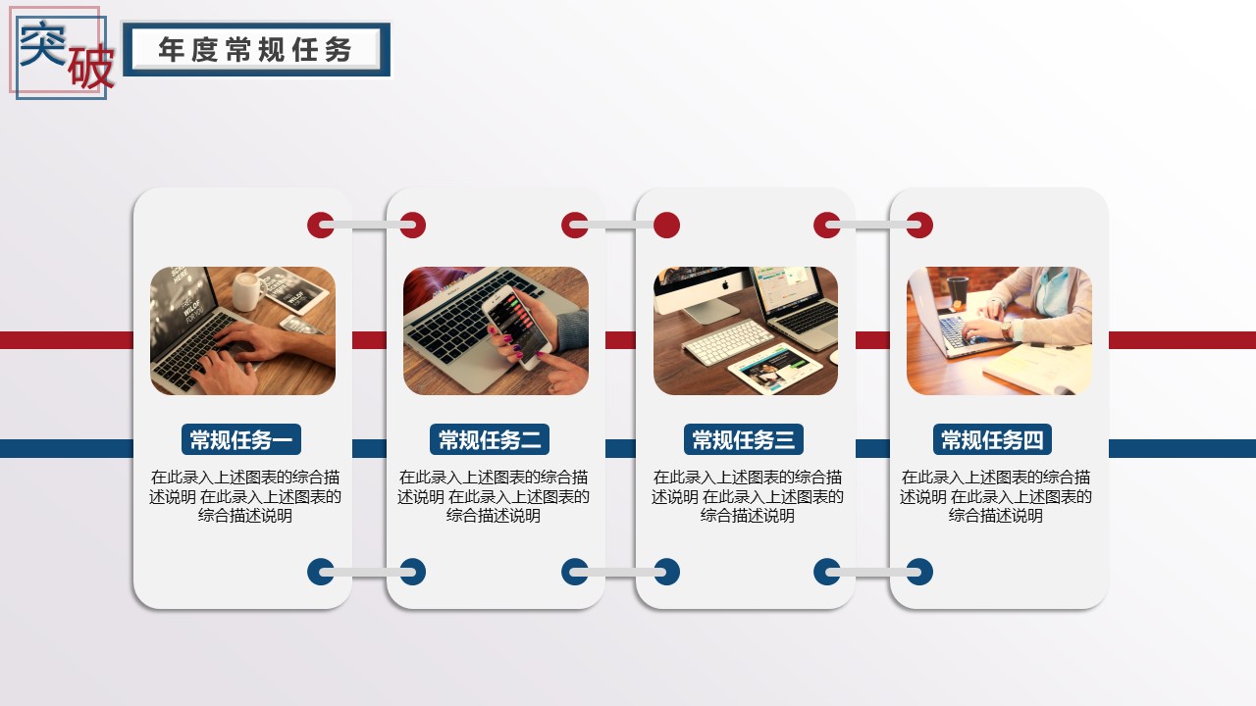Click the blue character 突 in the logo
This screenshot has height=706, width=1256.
coord(42,43)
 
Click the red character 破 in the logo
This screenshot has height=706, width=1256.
coord(91,68)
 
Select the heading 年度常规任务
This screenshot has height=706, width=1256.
coord(255,49)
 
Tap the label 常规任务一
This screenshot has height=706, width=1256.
coord(241,440)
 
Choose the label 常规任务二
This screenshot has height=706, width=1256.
coord(490,440)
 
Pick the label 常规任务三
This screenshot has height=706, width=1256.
coord(744,440)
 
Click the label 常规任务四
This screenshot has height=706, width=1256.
coord(992,440)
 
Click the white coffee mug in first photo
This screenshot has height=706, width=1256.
coord(248,291)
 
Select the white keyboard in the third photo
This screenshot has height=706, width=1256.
coord(728,342)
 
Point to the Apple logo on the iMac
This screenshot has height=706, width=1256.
coord(724,285)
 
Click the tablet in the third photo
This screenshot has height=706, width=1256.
coord(775,368)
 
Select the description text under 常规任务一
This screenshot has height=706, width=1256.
coord(245,496)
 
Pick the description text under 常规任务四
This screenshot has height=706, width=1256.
coord(996,496)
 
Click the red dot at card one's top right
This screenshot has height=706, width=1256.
coord(320,226)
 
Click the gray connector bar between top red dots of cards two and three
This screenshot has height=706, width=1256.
coord(621,226)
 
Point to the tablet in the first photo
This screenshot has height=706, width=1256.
coord(292,289)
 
